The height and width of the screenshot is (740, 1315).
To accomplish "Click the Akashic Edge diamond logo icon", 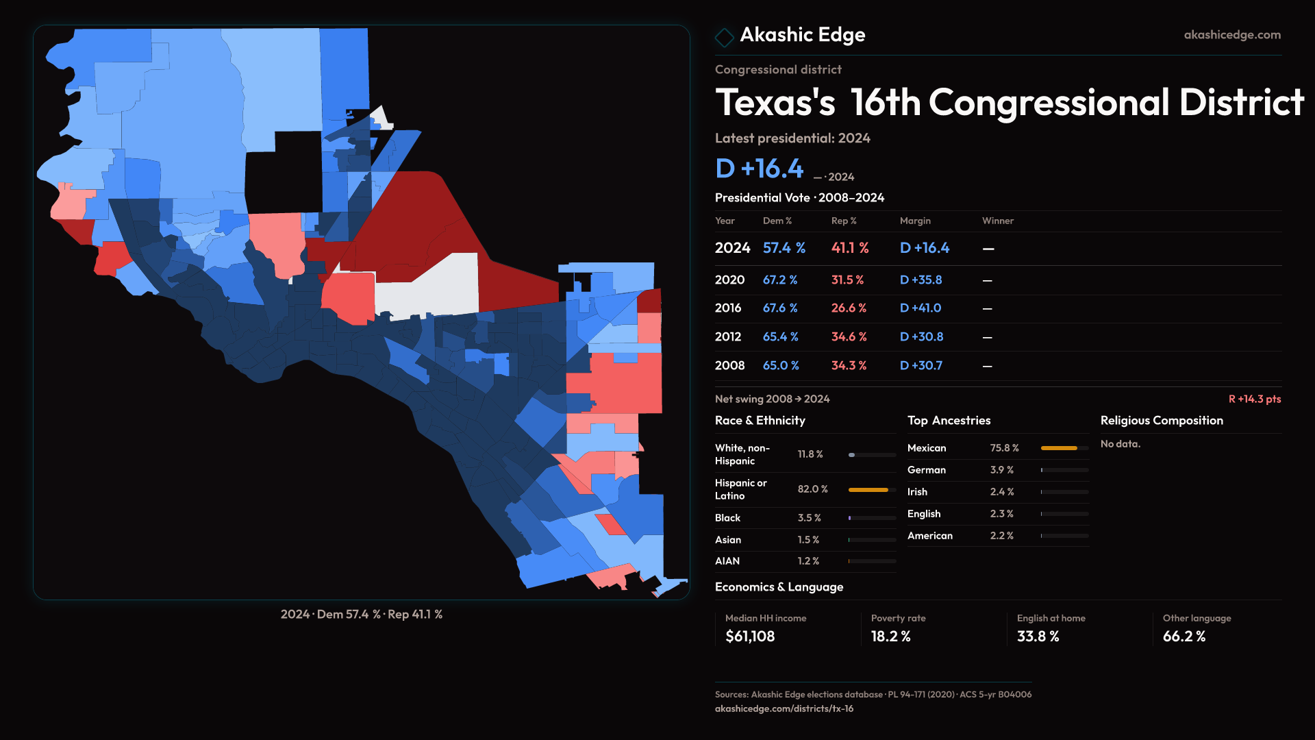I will [724, 37].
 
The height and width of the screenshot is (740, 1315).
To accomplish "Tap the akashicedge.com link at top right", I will [1231, 35].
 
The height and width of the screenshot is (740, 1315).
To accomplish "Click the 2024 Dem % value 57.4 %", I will [784, 248].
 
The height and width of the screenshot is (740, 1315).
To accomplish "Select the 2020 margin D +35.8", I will [920, 280].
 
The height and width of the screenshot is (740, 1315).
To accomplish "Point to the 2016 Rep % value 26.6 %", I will [848, 308].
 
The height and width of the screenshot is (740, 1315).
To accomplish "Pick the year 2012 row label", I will [727, 337].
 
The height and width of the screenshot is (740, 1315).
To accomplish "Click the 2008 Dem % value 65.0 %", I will [781, 366].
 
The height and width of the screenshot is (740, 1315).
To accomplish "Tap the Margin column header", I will [915, 221].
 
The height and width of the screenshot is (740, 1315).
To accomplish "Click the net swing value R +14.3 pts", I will [1254, 399].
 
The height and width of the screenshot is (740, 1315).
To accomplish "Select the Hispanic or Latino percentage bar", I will [868, 490].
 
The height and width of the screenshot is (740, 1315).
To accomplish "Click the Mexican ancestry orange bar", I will [1059, 448].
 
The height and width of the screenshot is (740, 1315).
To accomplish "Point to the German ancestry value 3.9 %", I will [1001, 470].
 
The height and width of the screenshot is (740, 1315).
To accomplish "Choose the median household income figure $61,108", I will [750, 637].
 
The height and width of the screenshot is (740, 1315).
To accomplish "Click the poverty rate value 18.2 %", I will [890, 637].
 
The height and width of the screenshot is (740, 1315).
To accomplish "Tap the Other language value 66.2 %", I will [1183, 637].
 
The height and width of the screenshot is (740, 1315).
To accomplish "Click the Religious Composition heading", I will [1161, 421].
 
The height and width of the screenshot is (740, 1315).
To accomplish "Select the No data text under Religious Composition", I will [1120, 444].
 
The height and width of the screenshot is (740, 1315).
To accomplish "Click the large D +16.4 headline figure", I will [759, 169].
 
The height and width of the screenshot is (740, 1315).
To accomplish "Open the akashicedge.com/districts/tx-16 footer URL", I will [784, 708].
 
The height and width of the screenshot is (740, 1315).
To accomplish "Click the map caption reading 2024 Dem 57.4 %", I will [361, 615].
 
